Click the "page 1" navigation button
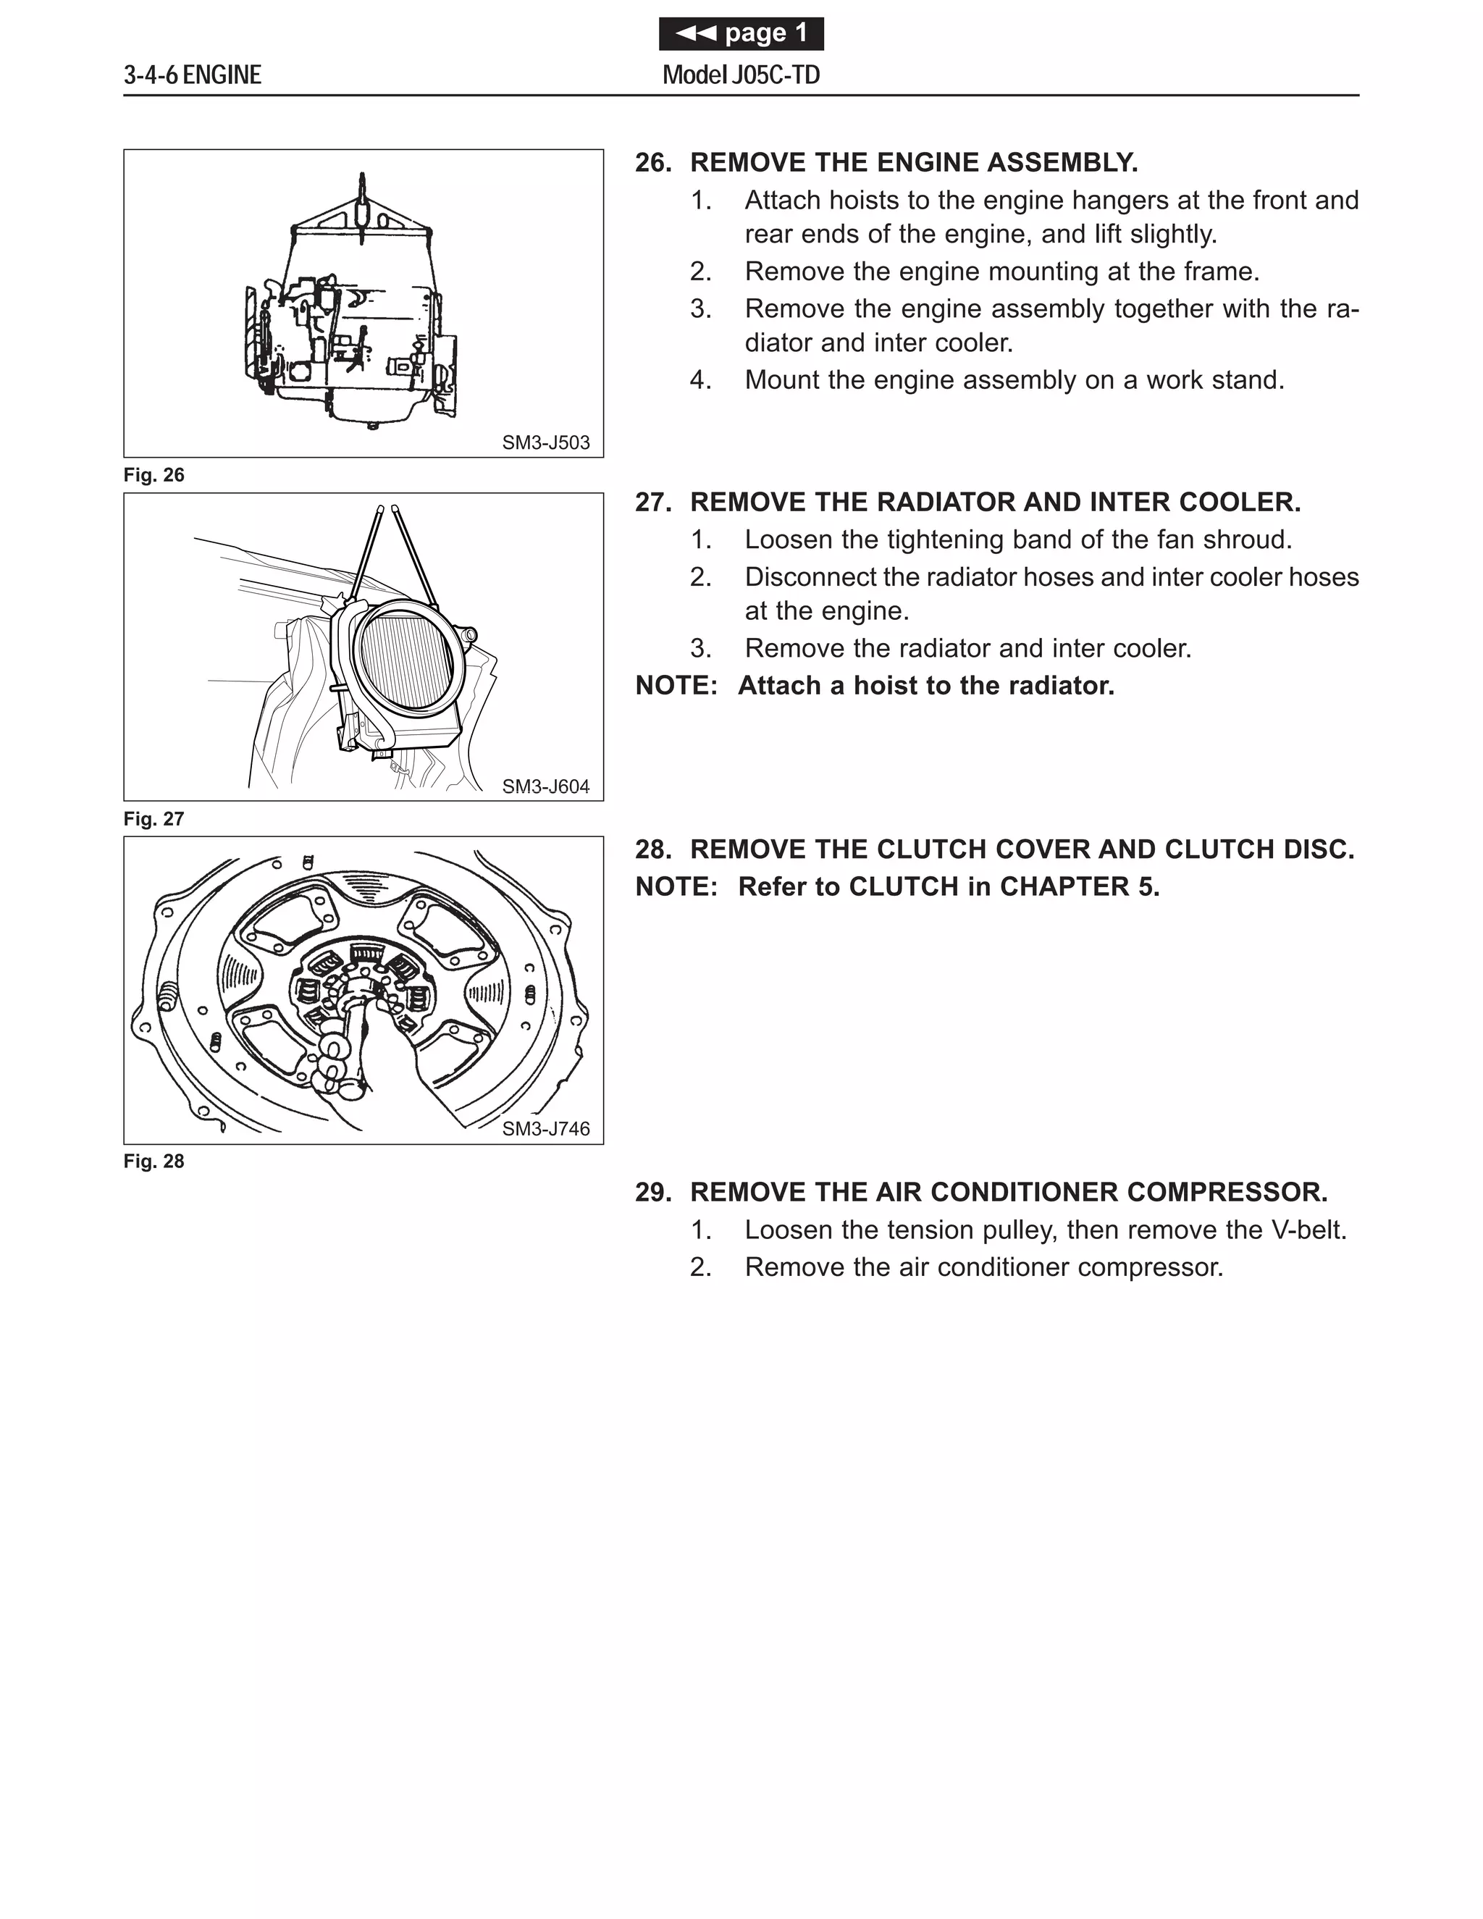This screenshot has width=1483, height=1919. (741, 34)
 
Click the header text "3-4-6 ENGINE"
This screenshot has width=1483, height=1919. (193, 75)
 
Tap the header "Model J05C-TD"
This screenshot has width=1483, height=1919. (741, 75)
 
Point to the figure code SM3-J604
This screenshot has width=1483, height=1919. (545, 786)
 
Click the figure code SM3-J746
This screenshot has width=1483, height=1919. (545, 1129)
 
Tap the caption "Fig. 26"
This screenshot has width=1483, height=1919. (154, 475)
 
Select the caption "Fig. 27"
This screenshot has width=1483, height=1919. (154, 819)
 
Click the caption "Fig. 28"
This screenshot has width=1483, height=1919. (154, 1162)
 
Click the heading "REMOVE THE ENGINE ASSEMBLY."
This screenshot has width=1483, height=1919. (914, 162)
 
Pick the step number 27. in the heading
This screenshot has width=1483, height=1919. (652, 503)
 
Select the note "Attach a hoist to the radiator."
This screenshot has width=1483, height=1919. (926, 685)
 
